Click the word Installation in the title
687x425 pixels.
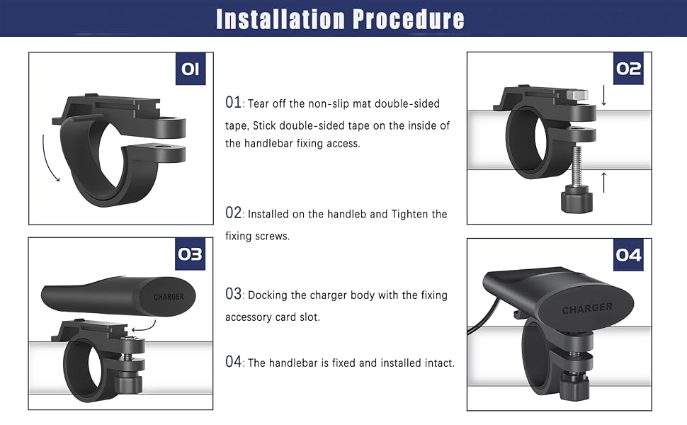pyautogui.click(x=281, y=19)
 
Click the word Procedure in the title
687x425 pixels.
pyautogui.click(x=409, y=19)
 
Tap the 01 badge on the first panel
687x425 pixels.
pyautogui.click(x=191, y=69)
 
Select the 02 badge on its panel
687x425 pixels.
pyautogui.click(x=628, y=68)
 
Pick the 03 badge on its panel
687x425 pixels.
pyautogui.click(x=190, y=254)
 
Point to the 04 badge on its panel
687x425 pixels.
pyautogui.click(x=628, y=255)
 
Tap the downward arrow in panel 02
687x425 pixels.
pyautogui.click(x=603, y=96)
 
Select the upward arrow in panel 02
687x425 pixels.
pyautogui.click(x=603, y=182)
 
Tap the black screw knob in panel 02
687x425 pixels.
pyautogui.click(x=576, y=200)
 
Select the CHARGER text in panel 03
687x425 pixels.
pyautogui.click(x=169, y=297)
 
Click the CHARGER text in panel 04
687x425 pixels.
pyautogui.click(x=587, y=308)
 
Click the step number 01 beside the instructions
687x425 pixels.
pyautogui.click(x=233, y=103)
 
